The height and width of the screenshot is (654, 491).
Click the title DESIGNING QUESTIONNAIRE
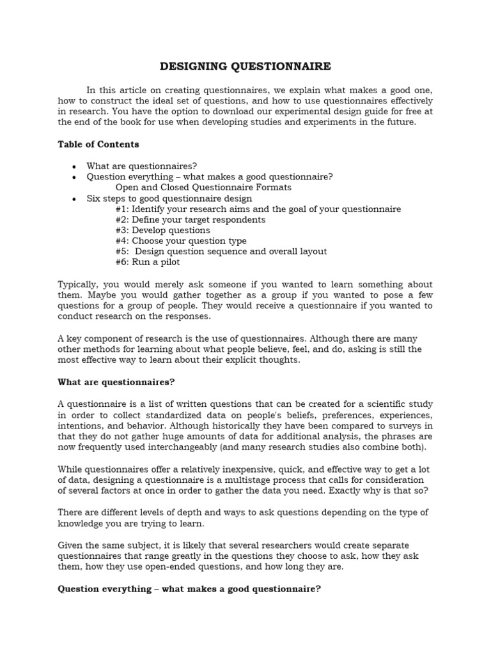pos(245,66)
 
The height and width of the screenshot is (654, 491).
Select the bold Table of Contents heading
pos(98,144)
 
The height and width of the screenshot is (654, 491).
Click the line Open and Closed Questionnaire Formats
pos(203,187)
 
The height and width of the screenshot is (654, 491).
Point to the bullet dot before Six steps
pos(75,199)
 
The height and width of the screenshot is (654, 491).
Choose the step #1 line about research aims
pos(258,209)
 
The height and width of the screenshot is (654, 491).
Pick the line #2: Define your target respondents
pos(191,220)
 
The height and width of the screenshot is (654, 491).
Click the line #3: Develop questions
pos(162,231)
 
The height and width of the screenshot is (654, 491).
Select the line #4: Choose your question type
pos(181,241)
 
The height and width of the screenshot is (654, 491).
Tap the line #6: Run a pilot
pos(148,262)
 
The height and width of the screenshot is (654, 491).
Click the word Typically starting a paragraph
pos(79,284)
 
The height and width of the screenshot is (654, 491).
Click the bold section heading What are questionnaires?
pos(116,382)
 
